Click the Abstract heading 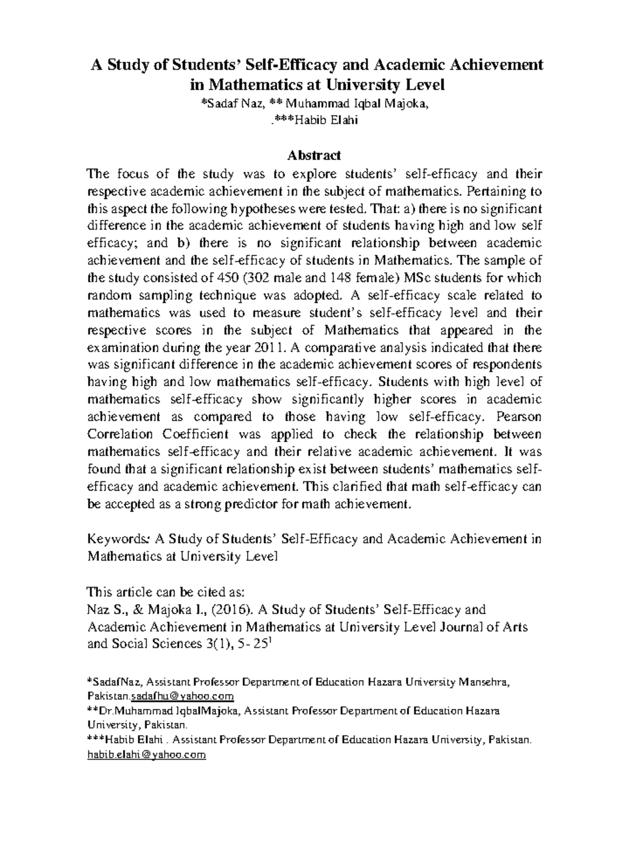314,155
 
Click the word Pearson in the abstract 518,417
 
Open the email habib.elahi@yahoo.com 146,755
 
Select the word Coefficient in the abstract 196,434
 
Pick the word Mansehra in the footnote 482,682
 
